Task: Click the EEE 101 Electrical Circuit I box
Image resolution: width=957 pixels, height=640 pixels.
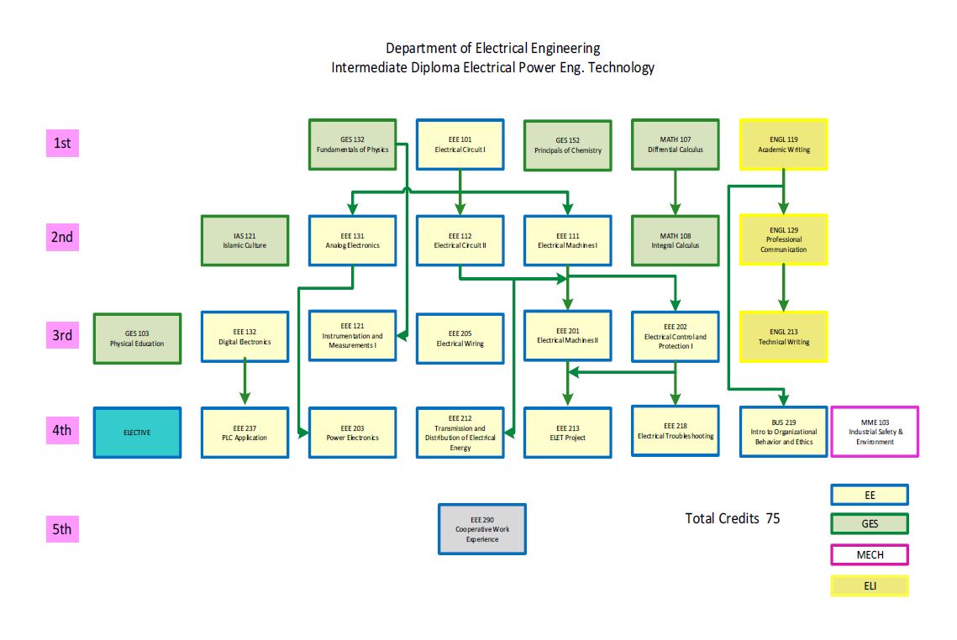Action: click(460, 144)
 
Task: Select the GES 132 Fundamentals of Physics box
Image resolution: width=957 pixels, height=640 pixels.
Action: click(352, 144)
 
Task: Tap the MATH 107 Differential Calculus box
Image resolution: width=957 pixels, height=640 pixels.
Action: click(675, 144)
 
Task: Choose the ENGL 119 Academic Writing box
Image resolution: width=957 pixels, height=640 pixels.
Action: click(783, 144)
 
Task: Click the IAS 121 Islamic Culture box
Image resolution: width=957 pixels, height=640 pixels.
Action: click(245, 240)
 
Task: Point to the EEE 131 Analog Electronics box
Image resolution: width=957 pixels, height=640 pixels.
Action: click(352, 240)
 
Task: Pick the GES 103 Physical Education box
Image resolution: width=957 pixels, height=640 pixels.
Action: click(137, 338)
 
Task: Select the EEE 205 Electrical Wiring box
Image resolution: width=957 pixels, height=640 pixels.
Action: click(460, 338)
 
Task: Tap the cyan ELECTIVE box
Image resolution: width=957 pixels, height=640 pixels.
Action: click(137, 433)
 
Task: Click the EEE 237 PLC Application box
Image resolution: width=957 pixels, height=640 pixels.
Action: click(245, 433)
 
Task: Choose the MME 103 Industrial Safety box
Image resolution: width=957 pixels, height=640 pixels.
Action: click(874, 432)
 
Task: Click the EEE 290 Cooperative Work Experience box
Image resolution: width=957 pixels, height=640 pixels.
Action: click(482, 529)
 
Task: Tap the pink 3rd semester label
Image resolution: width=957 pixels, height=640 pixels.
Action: click(62, 336)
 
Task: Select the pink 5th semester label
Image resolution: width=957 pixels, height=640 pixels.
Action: click(62, 529)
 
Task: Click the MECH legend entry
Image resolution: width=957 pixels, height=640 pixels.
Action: click(869, 554)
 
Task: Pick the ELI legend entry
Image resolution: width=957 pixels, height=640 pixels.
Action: click(869, 585)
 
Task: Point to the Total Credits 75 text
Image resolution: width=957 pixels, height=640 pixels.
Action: click(732, 518)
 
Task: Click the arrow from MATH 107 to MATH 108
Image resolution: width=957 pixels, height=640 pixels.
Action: click(675, 192)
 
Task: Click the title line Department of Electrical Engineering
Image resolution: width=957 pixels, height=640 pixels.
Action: click(492, 48)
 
